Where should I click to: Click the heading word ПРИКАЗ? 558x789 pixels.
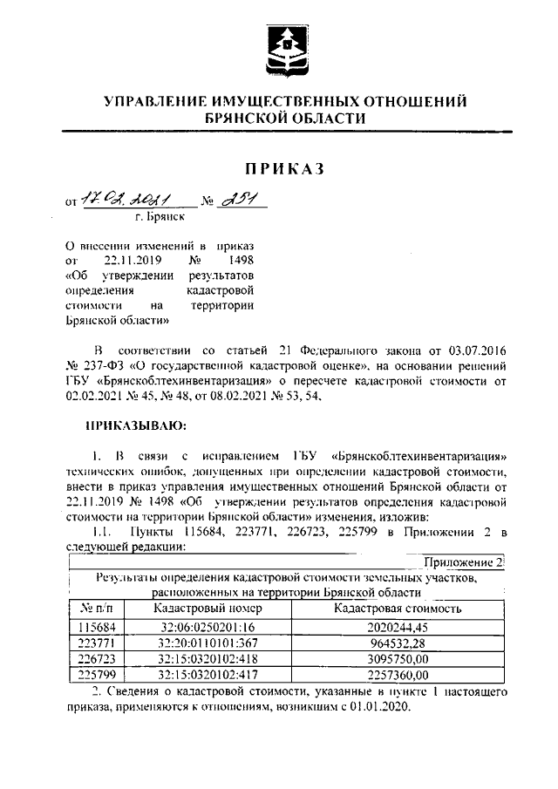(x=283, y=169)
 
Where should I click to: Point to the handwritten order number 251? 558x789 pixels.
(x=237, y=200)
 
